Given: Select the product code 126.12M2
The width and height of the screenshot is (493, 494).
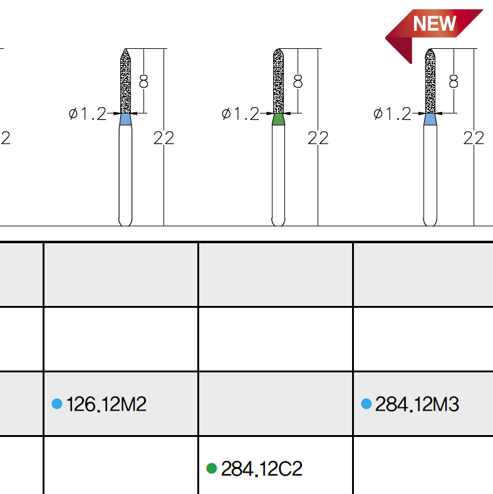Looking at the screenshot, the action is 106,404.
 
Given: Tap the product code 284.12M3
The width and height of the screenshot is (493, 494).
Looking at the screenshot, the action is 417,404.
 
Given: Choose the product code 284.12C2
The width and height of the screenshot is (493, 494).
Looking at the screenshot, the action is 262,469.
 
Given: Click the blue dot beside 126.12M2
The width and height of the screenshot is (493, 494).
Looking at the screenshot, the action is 57,404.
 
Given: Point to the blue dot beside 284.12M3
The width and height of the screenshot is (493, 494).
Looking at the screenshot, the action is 366,404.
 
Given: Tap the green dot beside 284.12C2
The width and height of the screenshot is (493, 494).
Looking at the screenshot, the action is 212,468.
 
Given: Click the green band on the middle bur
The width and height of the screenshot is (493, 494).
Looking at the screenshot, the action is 278,119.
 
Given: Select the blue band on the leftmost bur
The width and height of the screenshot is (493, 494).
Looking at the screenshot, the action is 125,119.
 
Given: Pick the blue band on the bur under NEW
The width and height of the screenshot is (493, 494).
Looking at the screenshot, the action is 430,119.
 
